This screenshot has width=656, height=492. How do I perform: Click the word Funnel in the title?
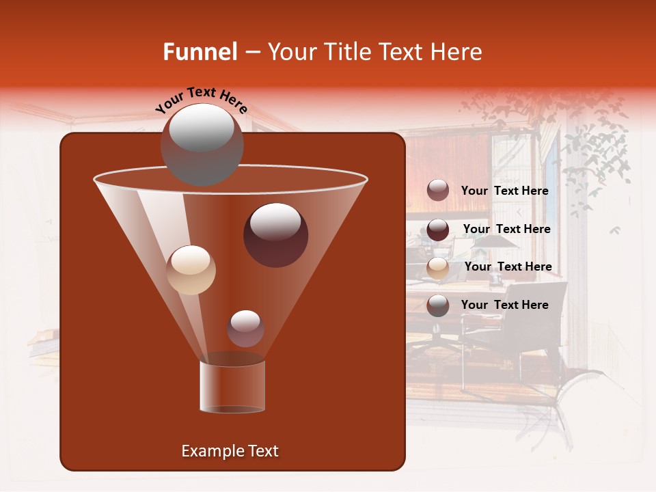(x=200, y=52)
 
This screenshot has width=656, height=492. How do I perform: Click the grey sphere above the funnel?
(x=202, y=143)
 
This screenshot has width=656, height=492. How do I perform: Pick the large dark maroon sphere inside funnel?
(x=275, y=234)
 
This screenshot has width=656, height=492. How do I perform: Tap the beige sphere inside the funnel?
(x=191, y=270)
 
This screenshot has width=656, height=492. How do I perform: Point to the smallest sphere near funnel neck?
(x=245, y=328)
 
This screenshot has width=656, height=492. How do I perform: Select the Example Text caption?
(x=230, y=451)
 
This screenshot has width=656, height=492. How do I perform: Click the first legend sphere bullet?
(x=438, y=191)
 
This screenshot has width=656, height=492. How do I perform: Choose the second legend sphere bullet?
(x=438, y=230)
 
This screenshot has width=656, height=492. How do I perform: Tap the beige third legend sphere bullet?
(x=438, y=267)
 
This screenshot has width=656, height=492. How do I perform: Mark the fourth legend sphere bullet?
(x=438, y=305)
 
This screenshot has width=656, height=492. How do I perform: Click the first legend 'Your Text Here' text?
(x=504, y=191)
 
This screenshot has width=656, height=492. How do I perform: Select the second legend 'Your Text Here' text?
(x=506, y=229)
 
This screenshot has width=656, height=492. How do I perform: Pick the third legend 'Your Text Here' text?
(x=508, y=266)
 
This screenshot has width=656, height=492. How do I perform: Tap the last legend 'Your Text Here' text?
(x=504, y=305)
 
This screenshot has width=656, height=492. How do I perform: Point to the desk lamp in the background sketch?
(x=497, y=243)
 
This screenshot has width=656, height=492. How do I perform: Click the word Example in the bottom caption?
(x=211, y=451)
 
